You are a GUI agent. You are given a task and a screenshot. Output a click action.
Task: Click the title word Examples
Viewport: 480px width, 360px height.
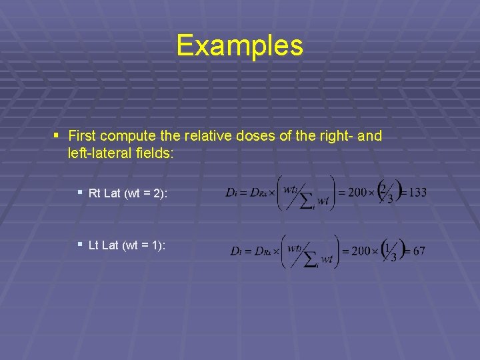coord(239,45)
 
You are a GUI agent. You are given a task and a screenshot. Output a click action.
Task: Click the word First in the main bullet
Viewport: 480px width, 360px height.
coord(83,137)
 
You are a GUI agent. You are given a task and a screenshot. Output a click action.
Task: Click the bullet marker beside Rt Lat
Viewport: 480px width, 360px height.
coord(79,192)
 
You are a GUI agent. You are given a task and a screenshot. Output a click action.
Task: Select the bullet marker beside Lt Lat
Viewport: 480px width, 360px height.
coord(79,244)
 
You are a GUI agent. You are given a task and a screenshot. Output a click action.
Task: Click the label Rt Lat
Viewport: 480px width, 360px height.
coord(104,193)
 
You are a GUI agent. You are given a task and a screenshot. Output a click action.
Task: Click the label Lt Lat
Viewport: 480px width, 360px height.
coord(103,245)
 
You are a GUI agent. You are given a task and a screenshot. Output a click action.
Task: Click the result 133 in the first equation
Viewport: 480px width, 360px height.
coord(417,193)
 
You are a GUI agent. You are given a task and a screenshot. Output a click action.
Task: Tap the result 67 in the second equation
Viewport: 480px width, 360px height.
coord(419,251)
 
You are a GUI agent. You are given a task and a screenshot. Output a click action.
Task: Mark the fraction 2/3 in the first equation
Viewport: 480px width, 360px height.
coord(385,192)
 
